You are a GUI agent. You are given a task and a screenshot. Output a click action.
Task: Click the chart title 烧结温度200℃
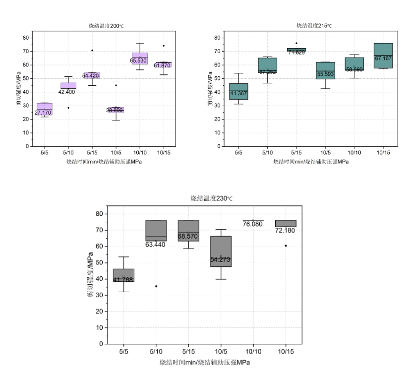103,26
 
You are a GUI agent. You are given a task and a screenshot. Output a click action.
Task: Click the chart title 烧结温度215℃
314,26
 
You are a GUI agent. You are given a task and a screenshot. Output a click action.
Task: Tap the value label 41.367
238,93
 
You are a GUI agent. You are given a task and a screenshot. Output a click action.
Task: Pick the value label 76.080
253,224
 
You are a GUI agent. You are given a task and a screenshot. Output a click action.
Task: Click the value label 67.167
383,58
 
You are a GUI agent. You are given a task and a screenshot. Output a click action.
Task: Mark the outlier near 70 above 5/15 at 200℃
92,50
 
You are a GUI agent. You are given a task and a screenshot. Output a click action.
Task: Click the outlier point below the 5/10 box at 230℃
156,286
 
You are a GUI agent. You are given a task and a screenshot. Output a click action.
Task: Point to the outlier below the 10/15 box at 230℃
286,246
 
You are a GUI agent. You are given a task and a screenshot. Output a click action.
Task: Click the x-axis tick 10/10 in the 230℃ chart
253,351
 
